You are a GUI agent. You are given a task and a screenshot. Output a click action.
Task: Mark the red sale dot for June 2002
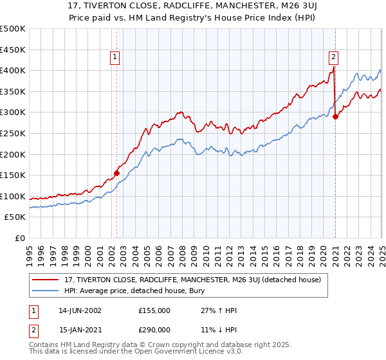(117, 173)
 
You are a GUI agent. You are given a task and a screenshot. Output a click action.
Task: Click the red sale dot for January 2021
(335, 116)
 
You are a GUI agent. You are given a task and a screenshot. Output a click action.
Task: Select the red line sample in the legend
(47, 279)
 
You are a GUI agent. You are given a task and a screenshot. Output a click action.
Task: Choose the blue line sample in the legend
(47, 291)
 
